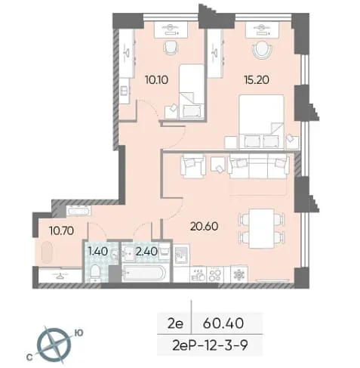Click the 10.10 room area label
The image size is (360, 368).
156,80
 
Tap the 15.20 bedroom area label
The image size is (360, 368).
257,80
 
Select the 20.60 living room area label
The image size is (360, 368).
204,226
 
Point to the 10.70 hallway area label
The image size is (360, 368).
62,230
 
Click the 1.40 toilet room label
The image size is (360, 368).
98,251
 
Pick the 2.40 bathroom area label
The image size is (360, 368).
146,251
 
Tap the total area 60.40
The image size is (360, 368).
223,323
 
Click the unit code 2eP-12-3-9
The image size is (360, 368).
211,345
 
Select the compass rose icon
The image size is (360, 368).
54,345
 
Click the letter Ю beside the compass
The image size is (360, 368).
78,333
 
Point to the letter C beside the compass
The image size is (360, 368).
29,358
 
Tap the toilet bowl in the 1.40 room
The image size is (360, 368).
95,273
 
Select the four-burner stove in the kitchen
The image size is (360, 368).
214,274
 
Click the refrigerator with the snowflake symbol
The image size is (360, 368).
238,274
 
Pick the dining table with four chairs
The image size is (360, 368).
261,228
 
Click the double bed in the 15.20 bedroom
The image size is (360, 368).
261,122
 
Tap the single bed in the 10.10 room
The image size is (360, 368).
191,91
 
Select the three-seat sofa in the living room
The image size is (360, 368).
258,166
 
